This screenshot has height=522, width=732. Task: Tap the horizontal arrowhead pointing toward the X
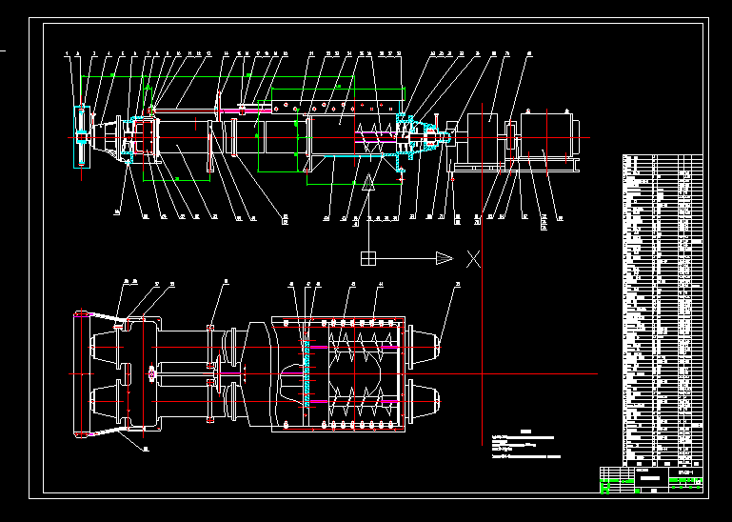pyautogui.click(x=444, y=257)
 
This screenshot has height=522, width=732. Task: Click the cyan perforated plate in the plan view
pyautogui.click(x=307, y=365)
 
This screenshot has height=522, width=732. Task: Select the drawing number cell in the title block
pyautogui.click(x=684, y=472)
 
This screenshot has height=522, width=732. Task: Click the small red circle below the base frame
pyautogui.click(x=453, y=177)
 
